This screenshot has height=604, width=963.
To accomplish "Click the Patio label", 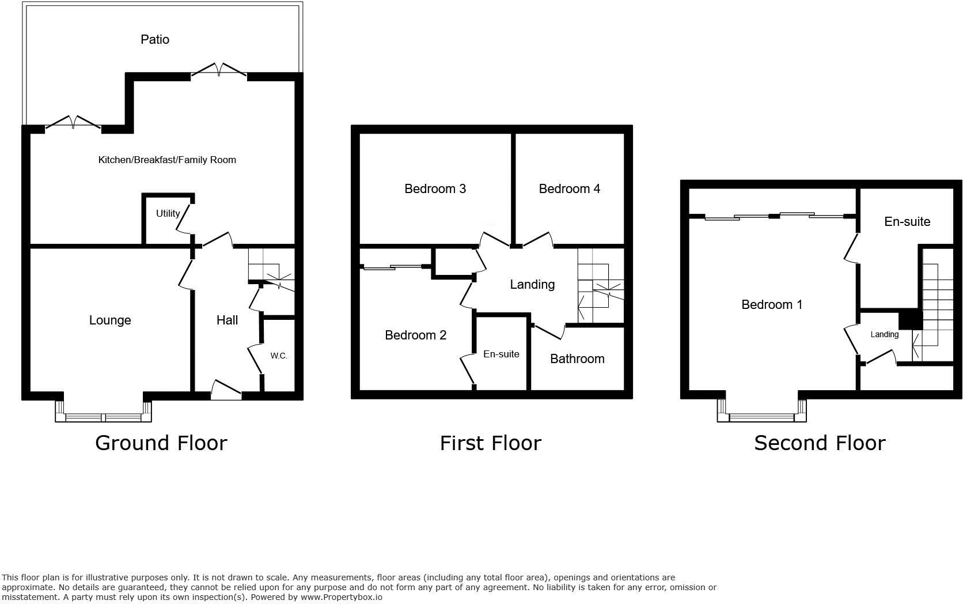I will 155,39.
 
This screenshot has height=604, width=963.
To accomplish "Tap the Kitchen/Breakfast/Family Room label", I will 167,160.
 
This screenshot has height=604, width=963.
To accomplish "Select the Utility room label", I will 168,213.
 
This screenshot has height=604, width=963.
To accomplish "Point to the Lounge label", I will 110,320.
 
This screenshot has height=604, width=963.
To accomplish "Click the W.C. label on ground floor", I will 279,356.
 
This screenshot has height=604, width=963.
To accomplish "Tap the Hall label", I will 227,320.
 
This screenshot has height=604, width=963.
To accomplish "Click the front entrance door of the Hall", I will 226,391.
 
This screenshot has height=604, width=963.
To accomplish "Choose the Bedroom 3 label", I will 435,188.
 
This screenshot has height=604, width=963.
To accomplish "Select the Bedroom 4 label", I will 569,188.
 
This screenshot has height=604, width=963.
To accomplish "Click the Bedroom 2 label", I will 415,335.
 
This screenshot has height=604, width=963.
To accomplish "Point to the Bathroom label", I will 577,358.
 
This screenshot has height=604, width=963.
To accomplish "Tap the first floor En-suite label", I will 501,354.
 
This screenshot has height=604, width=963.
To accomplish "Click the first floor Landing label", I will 532,284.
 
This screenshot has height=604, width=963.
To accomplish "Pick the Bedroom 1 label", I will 772,304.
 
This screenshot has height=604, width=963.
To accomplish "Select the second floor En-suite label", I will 907,221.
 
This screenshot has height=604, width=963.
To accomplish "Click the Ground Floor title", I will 161,443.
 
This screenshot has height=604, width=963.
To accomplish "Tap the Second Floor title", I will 820,443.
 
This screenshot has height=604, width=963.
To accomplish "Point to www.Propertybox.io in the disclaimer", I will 341,597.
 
